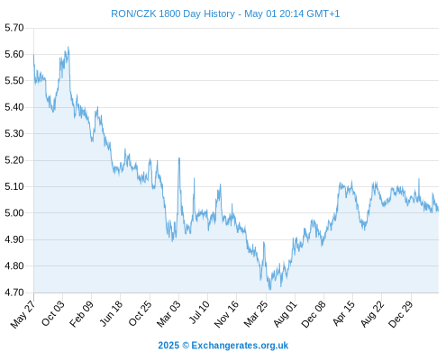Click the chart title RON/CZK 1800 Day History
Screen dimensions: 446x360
[x=173, y=13]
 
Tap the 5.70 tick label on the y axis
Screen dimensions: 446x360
[x=14, y=28]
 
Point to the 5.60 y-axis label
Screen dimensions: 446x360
[x=14, y=54]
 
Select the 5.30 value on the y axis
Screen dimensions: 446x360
[x=14, y=133]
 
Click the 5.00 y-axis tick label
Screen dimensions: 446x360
[x=14, y=213]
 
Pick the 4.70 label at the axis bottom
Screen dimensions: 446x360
[x=14, y=292]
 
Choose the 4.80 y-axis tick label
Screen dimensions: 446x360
[x=14, y=265]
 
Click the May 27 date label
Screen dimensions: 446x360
[x=23, y=314]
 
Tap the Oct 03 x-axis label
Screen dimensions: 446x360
[x=52, y=313]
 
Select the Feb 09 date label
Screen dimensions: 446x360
[x=81, y=314]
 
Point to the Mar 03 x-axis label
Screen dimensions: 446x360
[x=168, y=314]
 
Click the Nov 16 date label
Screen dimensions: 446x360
[x=226, y=314]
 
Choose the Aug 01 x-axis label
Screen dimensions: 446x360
[x=285, y=314]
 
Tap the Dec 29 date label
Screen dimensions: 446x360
[x=401, y=314]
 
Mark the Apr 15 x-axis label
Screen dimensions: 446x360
[x=343, y=313]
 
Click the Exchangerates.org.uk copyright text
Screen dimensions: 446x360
[x=240, y=346]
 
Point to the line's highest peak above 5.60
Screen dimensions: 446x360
[x=68, y=47]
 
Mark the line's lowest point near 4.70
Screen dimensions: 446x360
[x=269, y=290]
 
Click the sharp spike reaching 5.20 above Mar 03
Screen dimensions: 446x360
[x=179, y=158]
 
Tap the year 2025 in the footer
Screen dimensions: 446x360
[x=168, y=346]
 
